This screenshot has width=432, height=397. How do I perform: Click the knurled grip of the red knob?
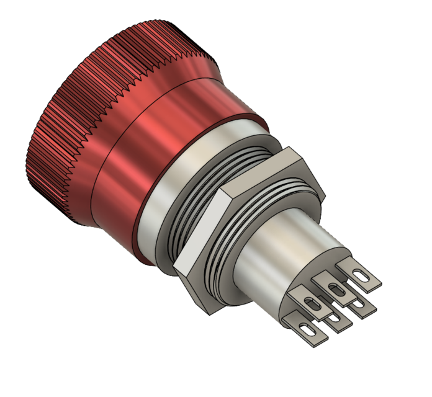click(68, 124)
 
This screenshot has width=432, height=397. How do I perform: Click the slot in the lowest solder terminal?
click(305, 329)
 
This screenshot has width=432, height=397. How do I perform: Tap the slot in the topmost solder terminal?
click(361, 275)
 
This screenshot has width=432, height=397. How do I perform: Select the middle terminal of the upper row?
click(335, 288)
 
